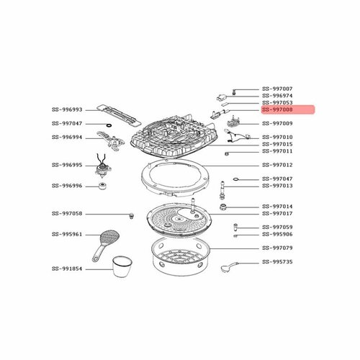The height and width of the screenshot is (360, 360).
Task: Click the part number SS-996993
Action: point(68,109)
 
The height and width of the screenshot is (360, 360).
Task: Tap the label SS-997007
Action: point(278,88)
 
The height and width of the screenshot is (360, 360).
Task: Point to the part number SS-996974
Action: point(278,95)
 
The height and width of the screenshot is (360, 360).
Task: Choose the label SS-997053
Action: point(278,102)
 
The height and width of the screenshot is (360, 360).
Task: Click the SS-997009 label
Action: point(278,123)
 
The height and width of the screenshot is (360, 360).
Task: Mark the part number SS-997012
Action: point(278,165)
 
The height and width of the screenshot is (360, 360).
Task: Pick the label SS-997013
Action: point(278,185)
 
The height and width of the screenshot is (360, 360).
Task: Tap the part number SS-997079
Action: point(278,248)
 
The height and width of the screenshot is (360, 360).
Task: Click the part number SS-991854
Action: point(68,269)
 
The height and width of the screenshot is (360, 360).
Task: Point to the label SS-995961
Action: point(68,234)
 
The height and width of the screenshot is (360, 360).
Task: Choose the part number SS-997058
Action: point(68,214)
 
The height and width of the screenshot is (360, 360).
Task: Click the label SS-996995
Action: point(68,165)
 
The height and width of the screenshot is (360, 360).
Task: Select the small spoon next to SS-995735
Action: point(228,267)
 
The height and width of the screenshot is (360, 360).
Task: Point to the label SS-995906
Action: point(278,234)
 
